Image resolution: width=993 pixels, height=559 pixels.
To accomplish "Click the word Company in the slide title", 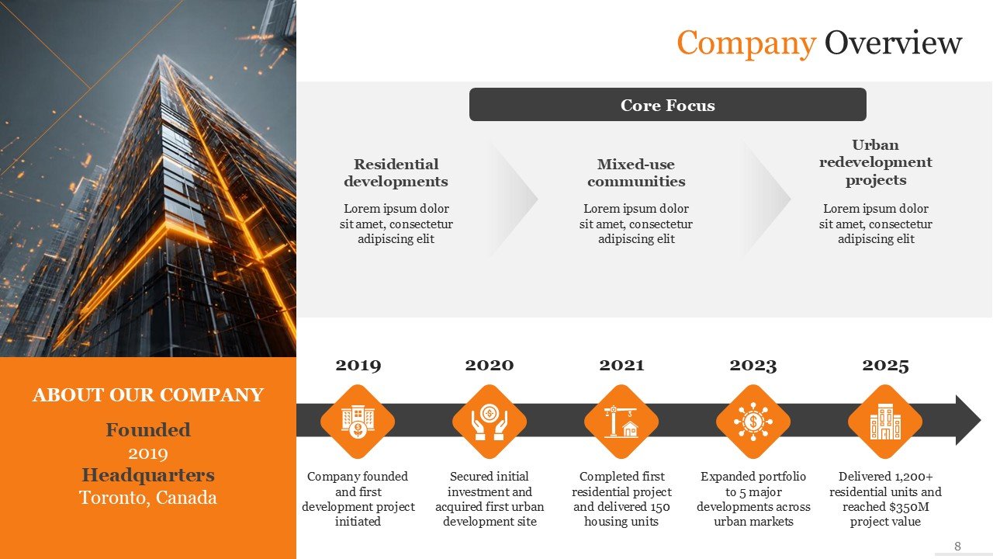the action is coord(746,43).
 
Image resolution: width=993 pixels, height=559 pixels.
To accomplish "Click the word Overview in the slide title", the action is coord(893,42).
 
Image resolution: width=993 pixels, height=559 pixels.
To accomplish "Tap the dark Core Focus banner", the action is coord(668,105).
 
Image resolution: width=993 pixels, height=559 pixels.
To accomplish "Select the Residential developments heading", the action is coord(396,172).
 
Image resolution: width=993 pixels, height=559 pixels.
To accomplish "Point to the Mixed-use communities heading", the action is coord(636,172).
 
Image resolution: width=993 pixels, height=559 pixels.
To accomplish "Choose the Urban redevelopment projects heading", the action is coord(876,162).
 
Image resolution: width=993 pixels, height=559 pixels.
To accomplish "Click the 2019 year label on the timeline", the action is coord(358,365).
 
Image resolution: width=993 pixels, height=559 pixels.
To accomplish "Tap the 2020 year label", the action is coord(490,365).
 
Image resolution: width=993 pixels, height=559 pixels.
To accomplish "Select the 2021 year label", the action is coord(621,365).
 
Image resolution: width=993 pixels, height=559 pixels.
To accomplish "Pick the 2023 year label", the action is coord(753,365).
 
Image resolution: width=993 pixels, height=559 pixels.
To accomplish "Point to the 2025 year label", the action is coord(885,365).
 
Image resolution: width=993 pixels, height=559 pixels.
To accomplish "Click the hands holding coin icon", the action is coord(490,422).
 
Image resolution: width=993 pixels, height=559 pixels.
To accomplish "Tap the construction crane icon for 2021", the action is coord(621,422).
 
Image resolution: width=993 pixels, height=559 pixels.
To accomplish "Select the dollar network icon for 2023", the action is coord(753,422).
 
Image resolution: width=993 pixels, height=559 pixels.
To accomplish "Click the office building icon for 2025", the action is coord(885,422).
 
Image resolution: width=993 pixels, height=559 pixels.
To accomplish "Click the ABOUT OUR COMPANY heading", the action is coord(148,395).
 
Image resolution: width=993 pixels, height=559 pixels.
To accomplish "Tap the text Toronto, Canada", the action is coord(148,498).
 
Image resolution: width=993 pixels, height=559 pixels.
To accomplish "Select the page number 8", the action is coord(957,546).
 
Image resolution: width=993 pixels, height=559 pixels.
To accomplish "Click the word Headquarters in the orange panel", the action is coord(148,475).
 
